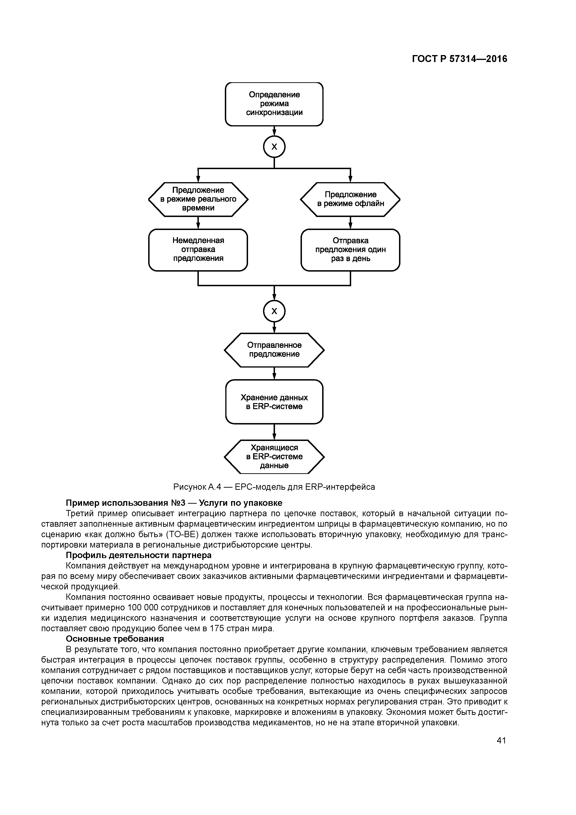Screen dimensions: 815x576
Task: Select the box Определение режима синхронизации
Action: [x=274, y=104]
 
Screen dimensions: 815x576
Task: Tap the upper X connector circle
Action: [x=274, y=147]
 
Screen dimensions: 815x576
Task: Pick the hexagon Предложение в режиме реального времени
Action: [x=198, y=199]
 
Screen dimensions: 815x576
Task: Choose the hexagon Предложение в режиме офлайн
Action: [x=350, y=199]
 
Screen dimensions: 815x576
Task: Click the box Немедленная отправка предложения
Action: [x=198, y=250]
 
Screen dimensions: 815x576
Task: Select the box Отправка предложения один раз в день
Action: [x=350, y=250]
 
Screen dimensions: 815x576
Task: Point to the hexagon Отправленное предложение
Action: [x=274, y=350]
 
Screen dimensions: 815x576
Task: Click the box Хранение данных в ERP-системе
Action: [x=274, y=401]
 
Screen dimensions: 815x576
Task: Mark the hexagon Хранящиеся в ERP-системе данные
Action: [x=274, y=457]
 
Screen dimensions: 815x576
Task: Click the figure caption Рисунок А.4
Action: [x=274, y=487]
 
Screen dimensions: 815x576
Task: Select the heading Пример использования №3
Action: [x=174, y=503]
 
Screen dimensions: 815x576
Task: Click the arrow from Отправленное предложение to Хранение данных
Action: [x=274, y=373]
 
